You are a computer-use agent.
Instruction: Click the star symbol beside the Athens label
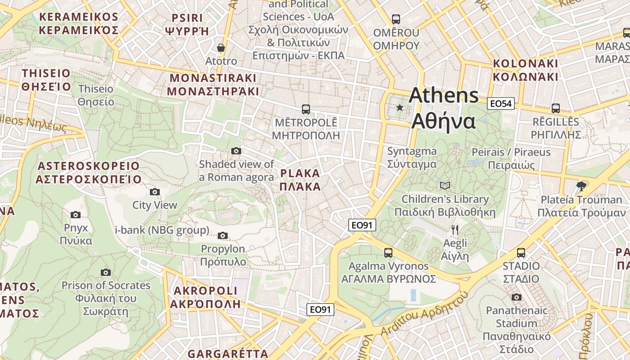(x=400, y=108)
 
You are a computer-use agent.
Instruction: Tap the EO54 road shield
(x=501, y=104)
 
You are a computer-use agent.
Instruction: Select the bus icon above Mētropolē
(x=306, y=109)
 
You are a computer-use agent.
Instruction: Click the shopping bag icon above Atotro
(x=221, y=48)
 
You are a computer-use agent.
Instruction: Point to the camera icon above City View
(x=155, y=192)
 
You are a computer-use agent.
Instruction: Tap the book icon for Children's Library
(x=445, y=185)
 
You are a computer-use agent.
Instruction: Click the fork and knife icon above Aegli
(x=455, y=230)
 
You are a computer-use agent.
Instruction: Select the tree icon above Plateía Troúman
(x=581, y=186)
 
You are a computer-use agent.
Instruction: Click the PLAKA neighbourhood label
(x=300, y=180)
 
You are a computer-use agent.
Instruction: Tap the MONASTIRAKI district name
(x=213, y=85)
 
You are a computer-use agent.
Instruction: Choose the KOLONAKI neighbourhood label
(x=526, y=70)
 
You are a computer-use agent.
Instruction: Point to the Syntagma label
(x=412, y=157)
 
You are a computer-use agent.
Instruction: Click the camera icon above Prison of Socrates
(x=106, y=272)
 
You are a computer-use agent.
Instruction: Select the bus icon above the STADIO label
(x=521, y=253)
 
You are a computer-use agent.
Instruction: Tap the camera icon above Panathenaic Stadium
(x=517, y=297)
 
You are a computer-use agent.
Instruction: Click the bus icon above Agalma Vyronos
(x=388, y=253)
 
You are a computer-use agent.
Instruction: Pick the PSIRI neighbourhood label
(x=187, y=24)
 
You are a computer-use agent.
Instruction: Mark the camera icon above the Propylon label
(x=223, y=235)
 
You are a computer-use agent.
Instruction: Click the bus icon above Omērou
(x=396, y=19)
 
